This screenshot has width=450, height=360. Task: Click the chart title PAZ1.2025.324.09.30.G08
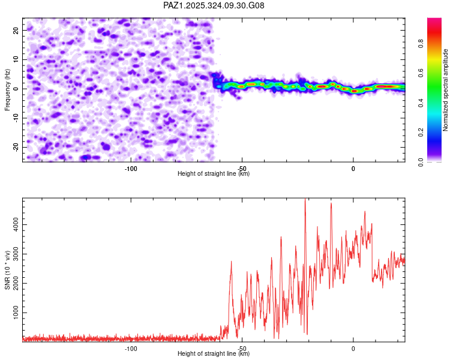click(x=214, y=5)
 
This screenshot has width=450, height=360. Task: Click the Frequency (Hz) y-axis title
click(x=7, y=89)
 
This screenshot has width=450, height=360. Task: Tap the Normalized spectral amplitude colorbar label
click(x=445, y=89)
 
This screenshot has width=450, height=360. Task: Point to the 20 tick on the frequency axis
click(x=16, y=30)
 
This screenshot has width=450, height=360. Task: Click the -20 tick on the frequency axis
click(x=14, y=147)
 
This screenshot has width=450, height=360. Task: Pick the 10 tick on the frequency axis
click(x=16, y=59)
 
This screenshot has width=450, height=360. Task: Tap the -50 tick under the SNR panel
click(x=242, y=349)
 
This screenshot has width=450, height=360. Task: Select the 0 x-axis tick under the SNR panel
click(x=353, y=349)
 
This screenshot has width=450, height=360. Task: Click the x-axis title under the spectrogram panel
click(x=214, y=174)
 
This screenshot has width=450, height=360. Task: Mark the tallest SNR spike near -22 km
click(x=305, y=200)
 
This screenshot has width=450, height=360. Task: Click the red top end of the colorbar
click(x=434, y=20)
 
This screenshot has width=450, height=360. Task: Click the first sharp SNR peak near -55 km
click(x=231, y=262)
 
